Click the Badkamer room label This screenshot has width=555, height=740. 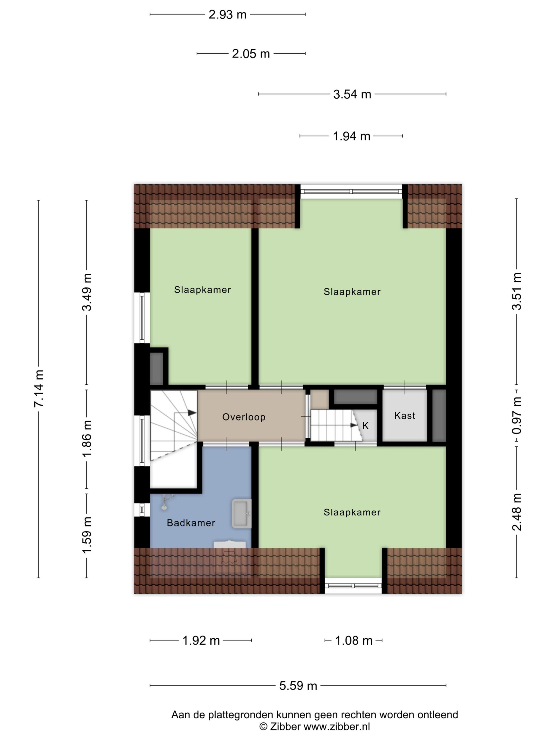[x=191, y=523]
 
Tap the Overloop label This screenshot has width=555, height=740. [x=244, y=417]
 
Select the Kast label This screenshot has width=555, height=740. [x=405, y=415]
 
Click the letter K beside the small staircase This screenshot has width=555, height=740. [x=365, y=425]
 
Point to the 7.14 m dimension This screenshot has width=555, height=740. [x=39, y=389]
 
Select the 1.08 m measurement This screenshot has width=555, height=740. [x=354, y=641]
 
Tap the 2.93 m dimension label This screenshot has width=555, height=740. [x=227, y=15]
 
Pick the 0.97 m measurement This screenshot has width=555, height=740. [x=517, y=415]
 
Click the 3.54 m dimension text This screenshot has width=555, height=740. [x=352, y=94]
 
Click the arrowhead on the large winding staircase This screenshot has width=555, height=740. [x=192, y=413]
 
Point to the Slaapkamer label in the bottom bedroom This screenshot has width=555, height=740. [x=352, y=512]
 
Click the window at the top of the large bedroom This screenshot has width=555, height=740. [x=351, y=192]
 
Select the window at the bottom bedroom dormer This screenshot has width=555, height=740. [x=353, y=586]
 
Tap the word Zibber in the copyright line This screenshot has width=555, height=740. [x=285, y=726]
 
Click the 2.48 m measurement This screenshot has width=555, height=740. [x=517, y=512]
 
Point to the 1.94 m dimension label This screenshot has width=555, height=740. [x=351, y=136]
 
